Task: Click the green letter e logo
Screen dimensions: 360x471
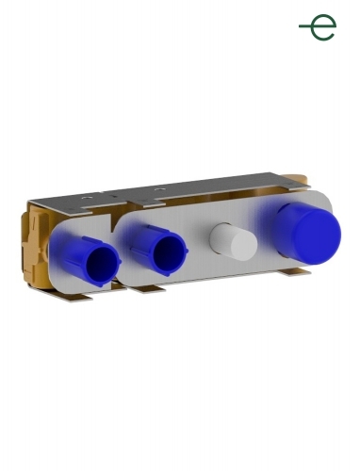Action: [323, 27]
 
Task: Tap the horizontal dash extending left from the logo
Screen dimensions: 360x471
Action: [305, 26]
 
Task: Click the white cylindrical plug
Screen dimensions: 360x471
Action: [234, 241]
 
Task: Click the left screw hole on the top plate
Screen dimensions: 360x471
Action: [86, 198]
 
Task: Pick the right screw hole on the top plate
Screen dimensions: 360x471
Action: [159, 189]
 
